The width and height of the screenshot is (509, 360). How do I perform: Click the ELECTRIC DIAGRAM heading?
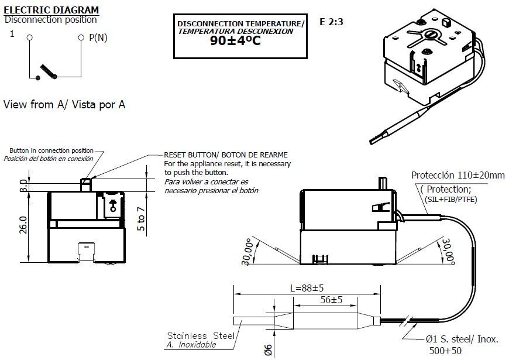51,10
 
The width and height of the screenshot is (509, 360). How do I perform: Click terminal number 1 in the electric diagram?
12,34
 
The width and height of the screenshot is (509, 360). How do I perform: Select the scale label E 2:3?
331,22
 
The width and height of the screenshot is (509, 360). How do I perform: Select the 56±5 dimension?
331,300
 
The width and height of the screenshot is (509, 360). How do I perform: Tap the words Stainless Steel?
200,335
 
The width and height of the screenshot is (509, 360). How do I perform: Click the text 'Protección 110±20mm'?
458,175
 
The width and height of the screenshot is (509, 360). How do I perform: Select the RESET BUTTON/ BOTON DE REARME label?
225,155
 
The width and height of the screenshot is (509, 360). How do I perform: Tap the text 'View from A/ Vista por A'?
64,105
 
